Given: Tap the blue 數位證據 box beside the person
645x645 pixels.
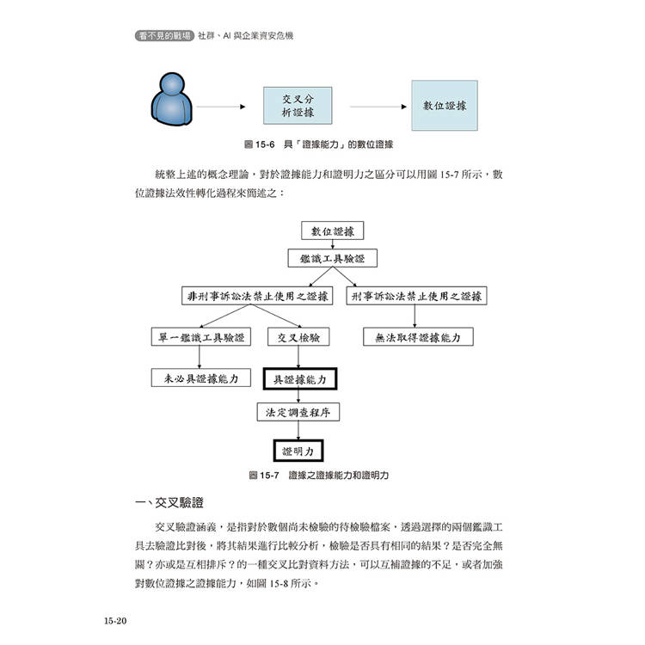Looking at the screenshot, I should [445, 106].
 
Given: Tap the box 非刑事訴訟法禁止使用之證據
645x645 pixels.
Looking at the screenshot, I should [259, 296].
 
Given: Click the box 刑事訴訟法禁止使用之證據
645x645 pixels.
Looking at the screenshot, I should [417, 296].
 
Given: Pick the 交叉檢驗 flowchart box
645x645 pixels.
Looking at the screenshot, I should [298, 338].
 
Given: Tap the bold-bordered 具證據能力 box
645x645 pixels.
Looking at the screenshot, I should [298, 378].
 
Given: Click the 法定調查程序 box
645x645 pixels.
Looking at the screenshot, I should [298, 412].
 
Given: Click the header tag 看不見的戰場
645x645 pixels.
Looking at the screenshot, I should [165, 37].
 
